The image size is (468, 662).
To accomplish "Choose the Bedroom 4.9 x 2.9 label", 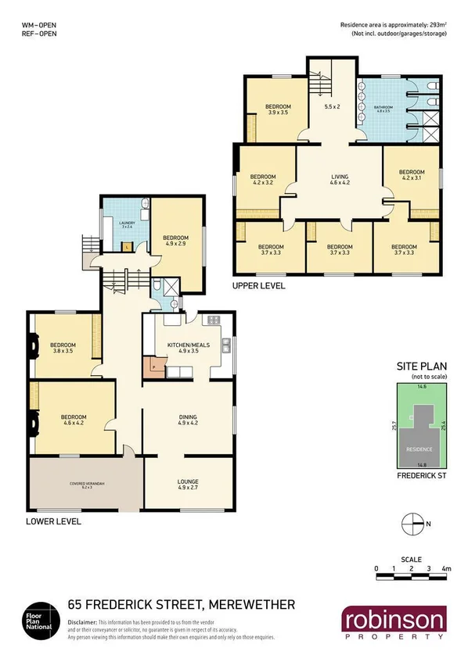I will [177, 240].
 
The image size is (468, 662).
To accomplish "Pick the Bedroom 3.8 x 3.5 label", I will [63, 348].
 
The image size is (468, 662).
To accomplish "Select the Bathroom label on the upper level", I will [383, 109].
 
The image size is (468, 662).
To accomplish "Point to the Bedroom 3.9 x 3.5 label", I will [278, 109].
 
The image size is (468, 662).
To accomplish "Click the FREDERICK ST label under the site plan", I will [421, 474].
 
